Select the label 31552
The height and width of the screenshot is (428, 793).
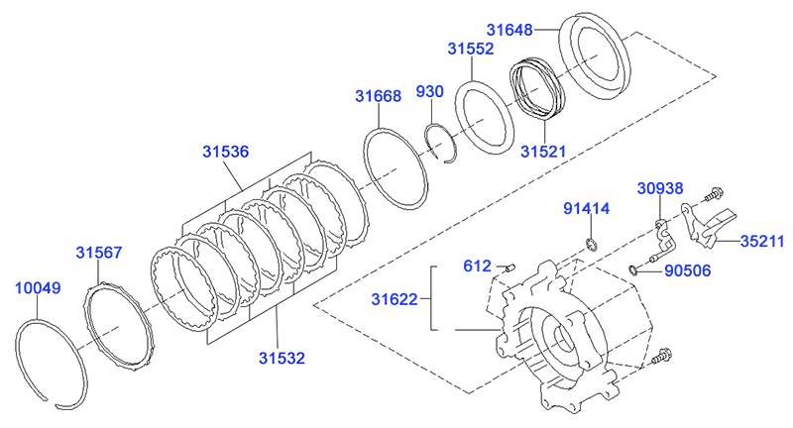tap(471, 48)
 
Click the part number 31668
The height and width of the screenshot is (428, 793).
tap(379, 96)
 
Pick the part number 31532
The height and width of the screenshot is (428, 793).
tap(282, 357)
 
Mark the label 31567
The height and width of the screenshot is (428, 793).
tap(99, 253)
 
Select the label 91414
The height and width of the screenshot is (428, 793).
tap(587, 209)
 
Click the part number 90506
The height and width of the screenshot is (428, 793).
tap(688, 268)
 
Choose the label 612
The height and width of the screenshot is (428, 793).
tap(478, 265)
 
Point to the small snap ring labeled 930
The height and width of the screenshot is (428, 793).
tap(442, 141)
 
